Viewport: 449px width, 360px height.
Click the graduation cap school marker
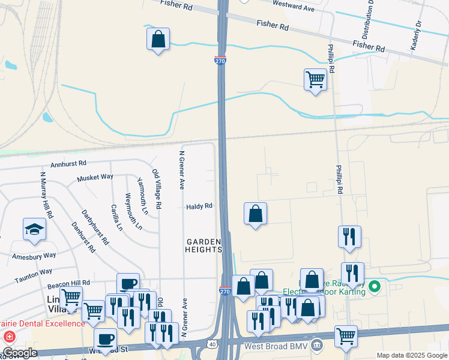pyautogui.click(x=34, y=230)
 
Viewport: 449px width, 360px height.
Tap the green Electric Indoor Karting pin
pyautogui.click(x=375, y=287)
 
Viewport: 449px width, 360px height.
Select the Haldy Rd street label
pyautogui.click(x=199, y=206)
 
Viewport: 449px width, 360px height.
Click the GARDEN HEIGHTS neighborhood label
pyautogui.click(x=203, y=245)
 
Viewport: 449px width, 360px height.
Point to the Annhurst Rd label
pyautogui.click(x=68, y=163)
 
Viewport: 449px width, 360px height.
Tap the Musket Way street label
pyautogui.click(x=95, y=178)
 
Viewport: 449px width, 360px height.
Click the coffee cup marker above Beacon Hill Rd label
pyautogui.click(x=128, y=284)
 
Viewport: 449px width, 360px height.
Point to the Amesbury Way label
pyautogui.click(x=34, y=256)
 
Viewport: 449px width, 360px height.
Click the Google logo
pyautogui.click(x=20, y=353)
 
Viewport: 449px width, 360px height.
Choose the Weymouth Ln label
pyautogui.click(x=133, y=211)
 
